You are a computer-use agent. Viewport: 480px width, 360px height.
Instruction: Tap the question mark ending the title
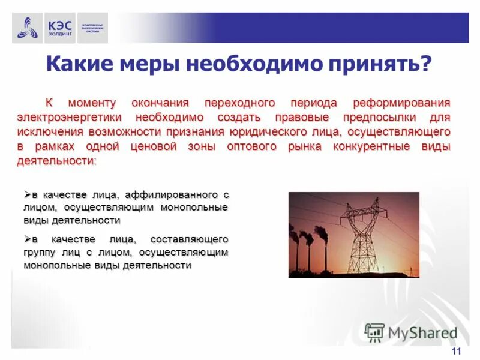[425, 62]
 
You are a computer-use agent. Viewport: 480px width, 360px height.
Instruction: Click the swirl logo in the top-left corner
[27, 28]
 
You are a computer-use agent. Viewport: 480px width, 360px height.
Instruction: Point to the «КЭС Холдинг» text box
[59, 28]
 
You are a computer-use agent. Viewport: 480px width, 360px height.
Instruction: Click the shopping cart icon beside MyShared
[374, 332]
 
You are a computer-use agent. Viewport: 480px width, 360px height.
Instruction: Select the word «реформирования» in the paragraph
[401, 103]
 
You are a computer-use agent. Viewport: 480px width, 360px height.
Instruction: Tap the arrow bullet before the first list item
[27, 194]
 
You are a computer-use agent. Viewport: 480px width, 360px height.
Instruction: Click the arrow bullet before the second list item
[27, 238]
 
